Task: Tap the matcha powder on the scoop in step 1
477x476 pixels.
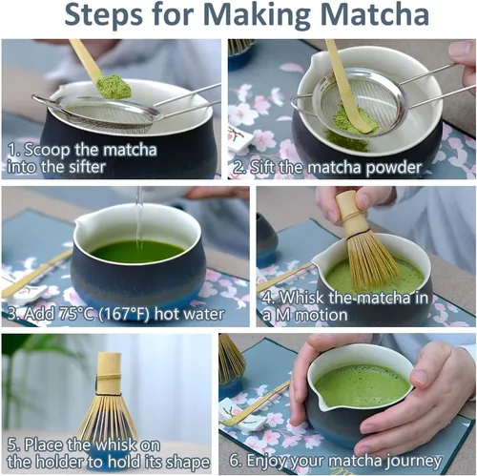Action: point(114,87)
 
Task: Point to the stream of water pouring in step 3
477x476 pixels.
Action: point(139,217)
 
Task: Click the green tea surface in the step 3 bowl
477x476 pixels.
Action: point(138,252)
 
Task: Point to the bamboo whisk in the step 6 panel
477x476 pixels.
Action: point(231,360)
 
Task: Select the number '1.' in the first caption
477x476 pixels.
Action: point(14,149)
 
